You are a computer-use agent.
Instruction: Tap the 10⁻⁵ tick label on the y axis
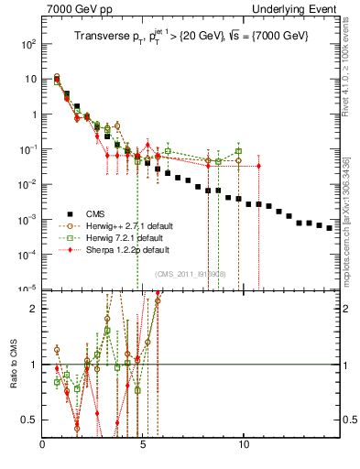[29, 289]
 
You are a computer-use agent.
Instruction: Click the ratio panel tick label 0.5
[31, 420]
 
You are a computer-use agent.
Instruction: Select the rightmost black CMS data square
[330, 227]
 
